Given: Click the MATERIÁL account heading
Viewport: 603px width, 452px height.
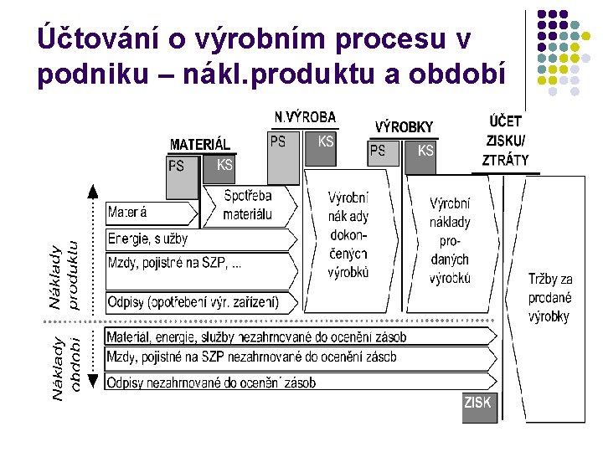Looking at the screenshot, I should [x=200, y=144].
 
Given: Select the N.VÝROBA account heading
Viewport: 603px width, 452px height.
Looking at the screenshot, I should [x=305, y=117].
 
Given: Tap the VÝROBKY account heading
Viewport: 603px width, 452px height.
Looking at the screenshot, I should [x=404, y=127].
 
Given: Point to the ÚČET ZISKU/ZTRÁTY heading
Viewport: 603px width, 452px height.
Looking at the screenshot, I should [x=505, y=141].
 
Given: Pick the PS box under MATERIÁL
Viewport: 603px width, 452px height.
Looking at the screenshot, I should [x=182, y=178].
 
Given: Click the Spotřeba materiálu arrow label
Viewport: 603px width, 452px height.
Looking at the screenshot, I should [x=248, y=205].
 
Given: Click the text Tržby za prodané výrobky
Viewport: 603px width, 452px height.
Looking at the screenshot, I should [x=549, y=298].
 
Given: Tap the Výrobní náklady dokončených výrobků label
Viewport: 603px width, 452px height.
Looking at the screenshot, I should [x=348, y=235].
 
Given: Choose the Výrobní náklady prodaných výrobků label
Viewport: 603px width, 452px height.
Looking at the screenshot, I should [x=450, y=241].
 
